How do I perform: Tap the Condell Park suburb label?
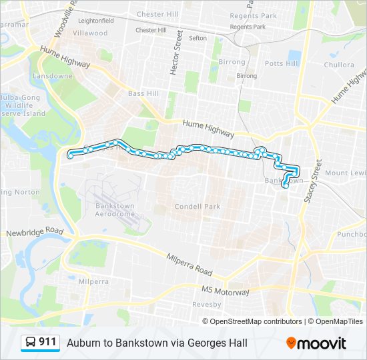pyautogui.click(x=197, y=207)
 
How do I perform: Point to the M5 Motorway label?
pyautogui.click(x=226, y=292)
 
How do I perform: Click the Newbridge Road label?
pyautogui.click(x=34, y=231)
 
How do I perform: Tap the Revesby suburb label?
pyautogui.click(x=207, y=305)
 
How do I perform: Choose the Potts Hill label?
pyautogui.click(x=282, y=63)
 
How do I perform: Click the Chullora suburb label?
pyautogui.click(x=339, y=65)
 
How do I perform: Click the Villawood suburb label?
pyautogui.click(x=90, y=33)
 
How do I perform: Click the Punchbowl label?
pyautogui.click(x=351, y=234)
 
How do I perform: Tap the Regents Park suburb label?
pyautogui.click(x=253, y=16)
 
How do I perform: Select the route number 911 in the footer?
pyautogui.click(x=47, y=342)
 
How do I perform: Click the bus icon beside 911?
pyautogui.click(x=31, y=343)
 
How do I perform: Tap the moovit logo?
pyautogui.click(x=316, y=343)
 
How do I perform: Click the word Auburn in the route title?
pyautogui.click(x=82, y=343)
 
